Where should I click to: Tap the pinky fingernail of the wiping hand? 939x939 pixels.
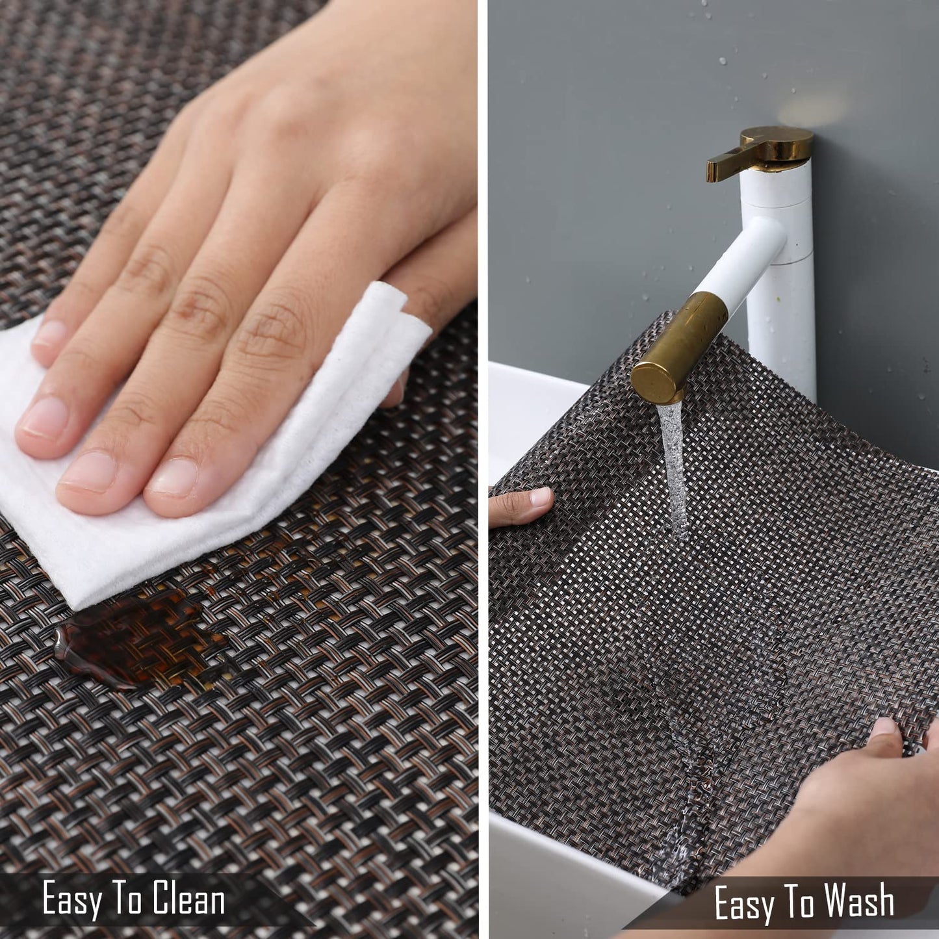(x=51, y=333)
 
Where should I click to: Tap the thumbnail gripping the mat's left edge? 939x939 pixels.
(x=540, y=498)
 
